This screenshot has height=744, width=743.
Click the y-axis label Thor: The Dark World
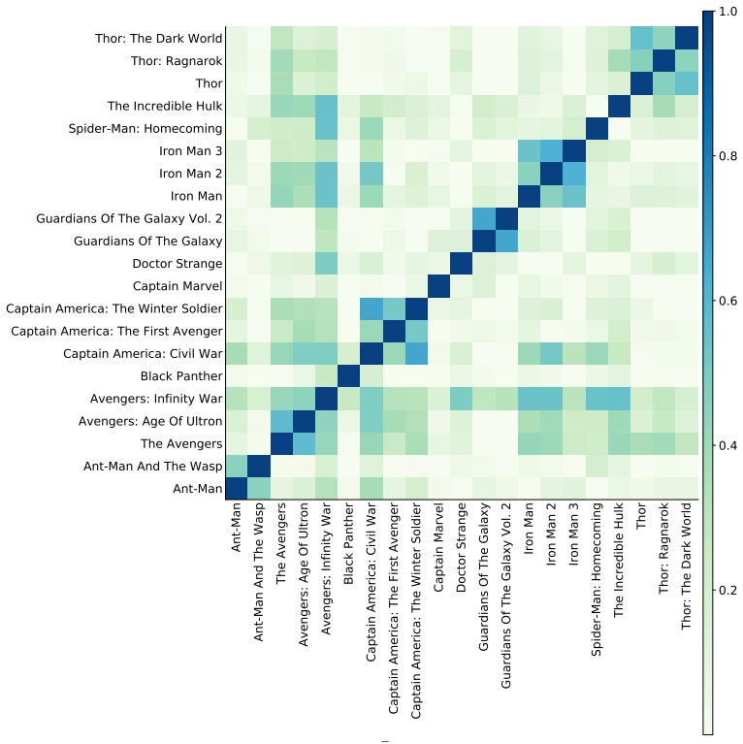coord(158,39)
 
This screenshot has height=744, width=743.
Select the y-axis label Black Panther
coord(181,376)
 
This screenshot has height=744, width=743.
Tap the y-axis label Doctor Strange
coord(178,264)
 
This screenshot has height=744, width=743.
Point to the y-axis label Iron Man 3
coord(191,151)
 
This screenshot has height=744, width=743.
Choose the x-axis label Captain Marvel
coord(437,547)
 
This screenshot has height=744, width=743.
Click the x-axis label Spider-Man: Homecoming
coord(596,579)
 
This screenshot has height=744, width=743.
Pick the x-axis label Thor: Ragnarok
coord(663,548)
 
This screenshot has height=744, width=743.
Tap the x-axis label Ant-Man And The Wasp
coord(258,572)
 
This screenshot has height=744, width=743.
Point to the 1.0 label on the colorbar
coord(728,12)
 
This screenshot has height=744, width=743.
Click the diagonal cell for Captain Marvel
coord(438,286)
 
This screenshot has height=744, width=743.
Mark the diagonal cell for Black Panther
coord(349,376)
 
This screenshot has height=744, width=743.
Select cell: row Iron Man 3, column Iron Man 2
coord(551,151)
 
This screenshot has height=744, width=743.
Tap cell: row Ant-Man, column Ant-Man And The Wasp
coord(259,489)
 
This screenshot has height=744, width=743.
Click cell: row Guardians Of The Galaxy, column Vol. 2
coord(506,242)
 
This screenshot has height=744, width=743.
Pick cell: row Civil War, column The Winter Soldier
coord(416,354)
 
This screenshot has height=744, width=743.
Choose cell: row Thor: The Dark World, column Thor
coord(641,39)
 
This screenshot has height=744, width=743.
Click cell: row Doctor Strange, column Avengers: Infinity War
coord(327,264)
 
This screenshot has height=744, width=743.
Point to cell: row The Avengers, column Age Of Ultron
coord(304,444)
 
